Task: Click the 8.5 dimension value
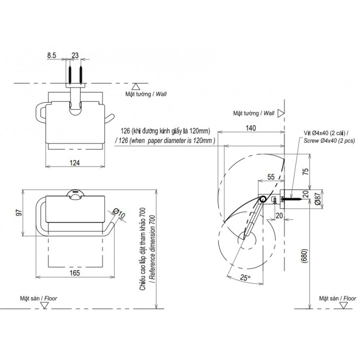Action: point(52,56)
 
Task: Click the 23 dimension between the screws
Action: point(75,56)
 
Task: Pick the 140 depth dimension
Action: point(250,129)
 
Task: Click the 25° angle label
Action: point(244,278)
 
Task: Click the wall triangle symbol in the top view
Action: point(138,86)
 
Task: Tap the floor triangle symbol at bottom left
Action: point(45,305)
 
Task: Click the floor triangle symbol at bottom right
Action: point(344,305)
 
